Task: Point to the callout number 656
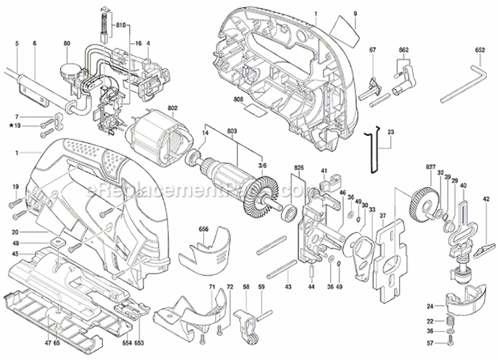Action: pos(204,229)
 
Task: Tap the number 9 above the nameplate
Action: pos(355,14)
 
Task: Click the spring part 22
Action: pos(450,321)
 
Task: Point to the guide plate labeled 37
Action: pos(391,262)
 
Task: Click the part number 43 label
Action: pos(287,287)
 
